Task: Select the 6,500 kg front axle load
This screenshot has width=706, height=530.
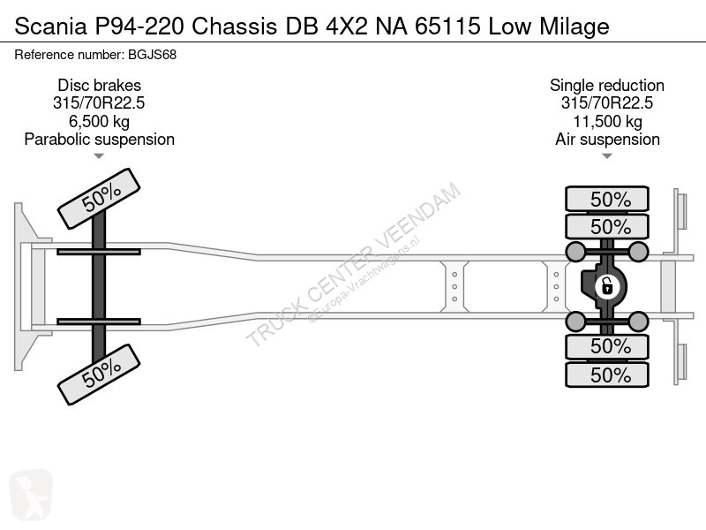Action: (x=99, y=121)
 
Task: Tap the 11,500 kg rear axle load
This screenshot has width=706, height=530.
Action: (x=607, y=121)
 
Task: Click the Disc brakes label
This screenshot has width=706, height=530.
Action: (x=99, y=86)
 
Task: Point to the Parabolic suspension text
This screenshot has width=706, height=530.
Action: (x=99, y=140)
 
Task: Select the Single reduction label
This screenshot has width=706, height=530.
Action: (x=607, y=86)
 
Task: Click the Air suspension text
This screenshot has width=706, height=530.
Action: (x=607, y=140)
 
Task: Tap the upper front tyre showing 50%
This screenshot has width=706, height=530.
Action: (x=99, y=201)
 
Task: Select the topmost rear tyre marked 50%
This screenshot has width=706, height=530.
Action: (x=607, y=199)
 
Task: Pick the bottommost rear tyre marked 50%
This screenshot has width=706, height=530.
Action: (x=607, y=375)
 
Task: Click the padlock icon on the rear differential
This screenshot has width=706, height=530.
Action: (x=607, y=286)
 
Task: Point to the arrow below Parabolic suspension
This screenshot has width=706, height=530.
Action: (x=99, y=156)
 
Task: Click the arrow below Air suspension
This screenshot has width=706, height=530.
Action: (x=607, y=156)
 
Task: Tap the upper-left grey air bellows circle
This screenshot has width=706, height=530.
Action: (x=575, y=253)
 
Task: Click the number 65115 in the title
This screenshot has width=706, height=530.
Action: (x=449, y=26)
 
